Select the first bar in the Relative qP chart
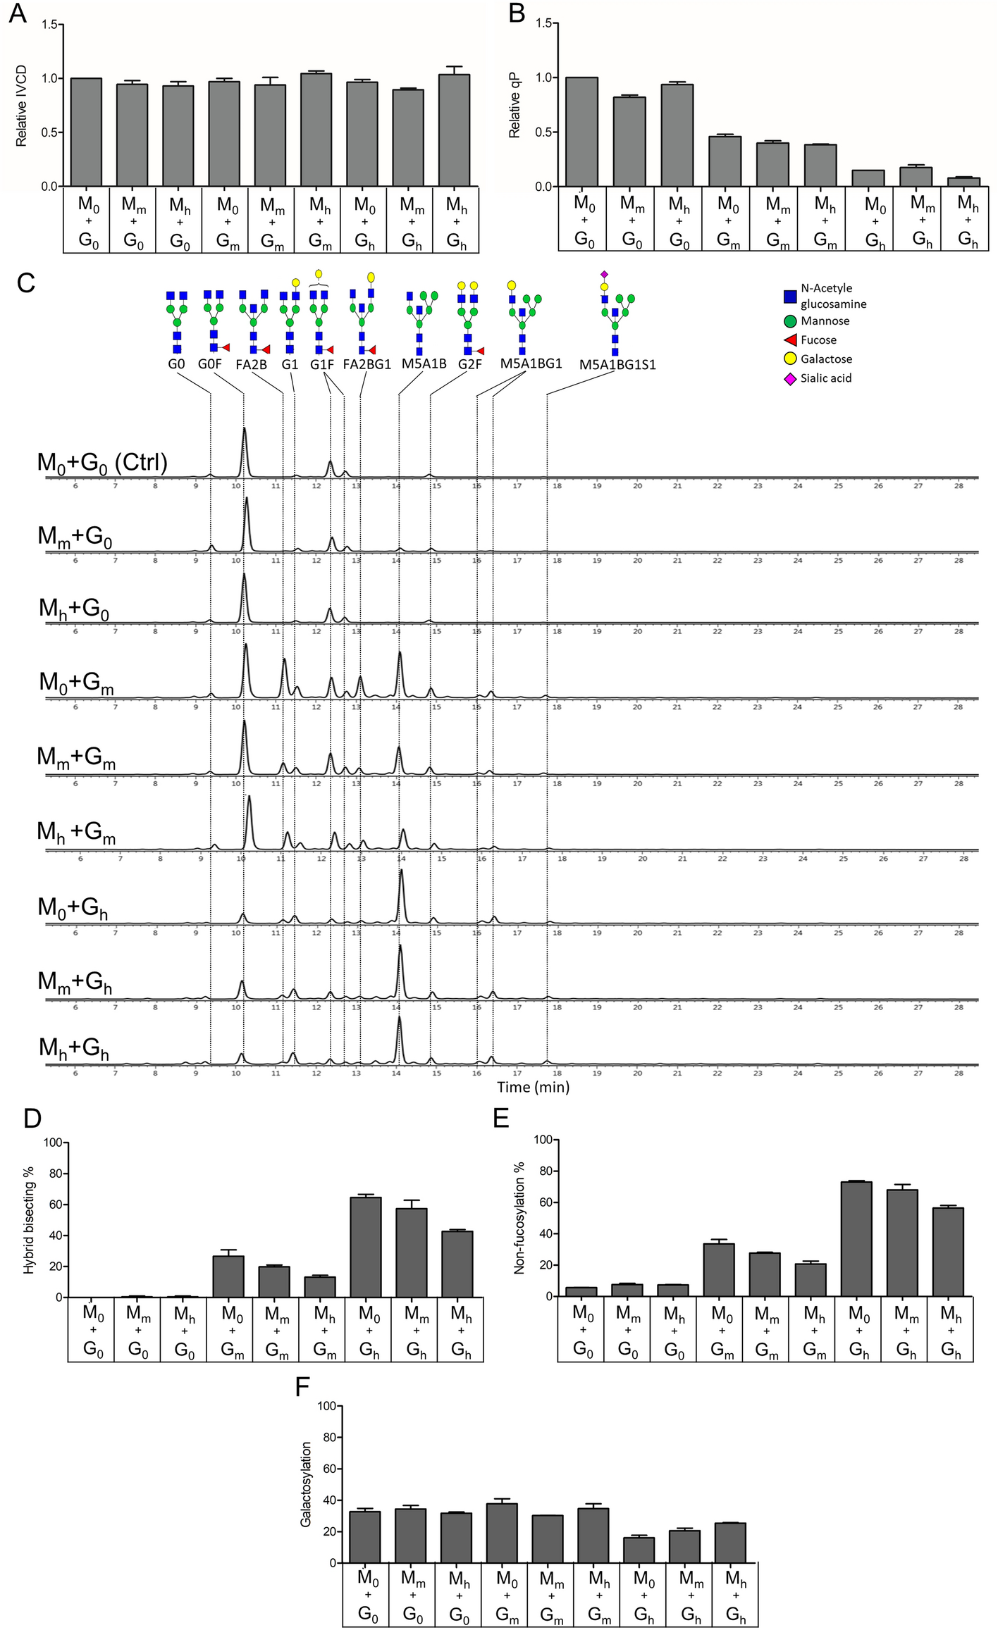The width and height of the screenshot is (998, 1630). (581, 132)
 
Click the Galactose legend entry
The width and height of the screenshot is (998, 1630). (825, 359)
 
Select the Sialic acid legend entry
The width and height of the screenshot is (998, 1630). (825, 378)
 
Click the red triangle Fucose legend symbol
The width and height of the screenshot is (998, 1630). (790, 340)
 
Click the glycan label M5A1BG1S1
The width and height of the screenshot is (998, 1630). (617, 365)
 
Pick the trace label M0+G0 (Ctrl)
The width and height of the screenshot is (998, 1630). (103, 463)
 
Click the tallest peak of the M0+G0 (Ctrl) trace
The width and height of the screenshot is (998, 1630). (244, 429)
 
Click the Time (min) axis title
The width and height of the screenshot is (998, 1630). (533, 1087)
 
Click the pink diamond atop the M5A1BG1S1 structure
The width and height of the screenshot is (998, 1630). (604, 273)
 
